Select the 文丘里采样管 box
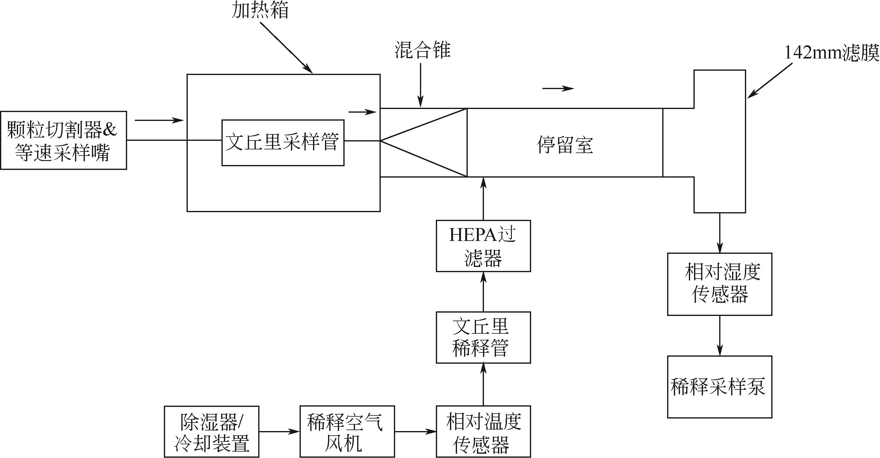tap(283, 143)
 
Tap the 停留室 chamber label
tap(565, 145)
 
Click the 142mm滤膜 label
tap(831, 53)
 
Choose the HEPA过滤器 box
tap(483, 246)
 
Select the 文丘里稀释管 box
tap(483, 337)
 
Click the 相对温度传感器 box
tap(483, 432)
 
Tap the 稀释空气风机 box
tap(347, 432)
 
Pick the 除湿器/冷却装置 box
tap(211, 432)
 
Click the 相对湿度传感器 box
tap(719, 284)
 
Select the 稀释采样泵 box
tap(719, 387)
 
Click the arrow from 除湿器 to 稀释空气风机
tap(279, 432)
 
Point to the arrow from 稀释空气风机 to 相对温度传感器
tap(415, 432)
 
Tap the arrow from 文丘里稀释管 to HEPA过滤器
tap(483, 292)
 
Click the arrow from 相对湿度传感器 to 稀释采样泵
tap(719, 336)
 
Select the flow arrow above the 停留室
tap(558, 89)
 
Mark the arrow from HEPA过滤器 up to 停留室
tap(483, 198)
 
